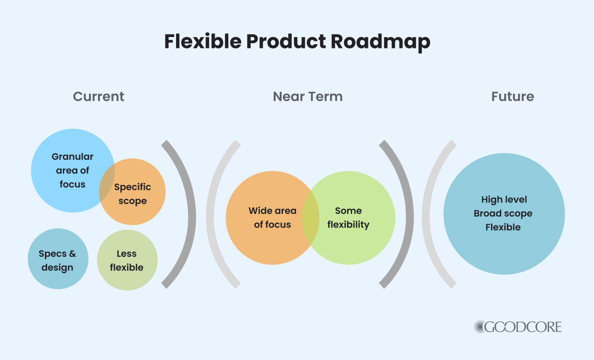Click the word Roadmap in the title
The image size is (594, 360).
380,42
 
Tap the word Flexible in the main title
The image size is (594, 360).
203,42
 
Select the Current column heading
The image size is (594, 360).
99,96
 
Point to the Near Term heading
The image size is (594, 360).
308,96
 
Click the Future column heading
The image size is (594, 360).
513,96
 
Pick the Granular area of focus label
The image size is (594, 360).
72,170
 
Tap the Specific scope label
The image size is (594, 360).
132,194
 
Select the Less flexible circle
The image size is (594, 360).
127,261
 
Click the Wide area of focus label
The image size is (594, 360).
272,217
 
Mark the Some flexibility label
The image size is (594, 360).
348,217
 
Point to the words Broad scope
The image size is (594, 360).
503,213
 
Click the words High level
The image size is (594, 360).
504,199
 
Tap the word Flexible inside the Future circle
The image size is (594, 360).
503,228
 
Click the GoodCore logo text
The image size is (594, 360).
524,327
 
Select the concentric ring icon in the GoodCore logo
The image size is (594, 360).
480,327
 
